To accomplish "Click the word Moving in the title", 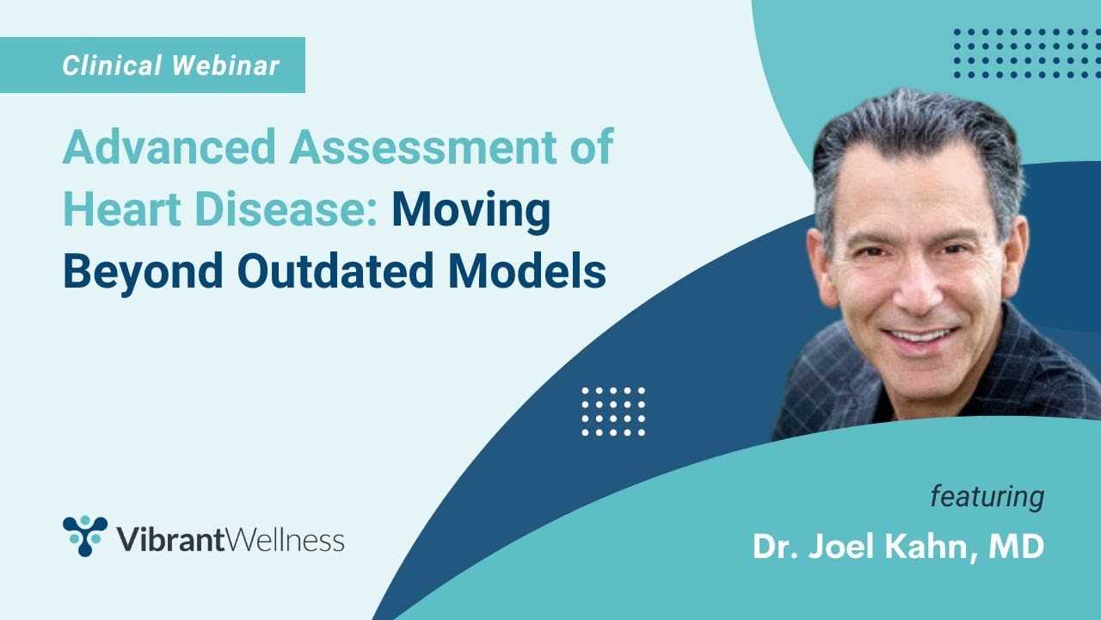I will coord(471,210).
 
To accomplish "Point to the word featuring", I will coord(987,497).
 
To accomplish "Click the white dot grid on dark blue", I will coord(613,411).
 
